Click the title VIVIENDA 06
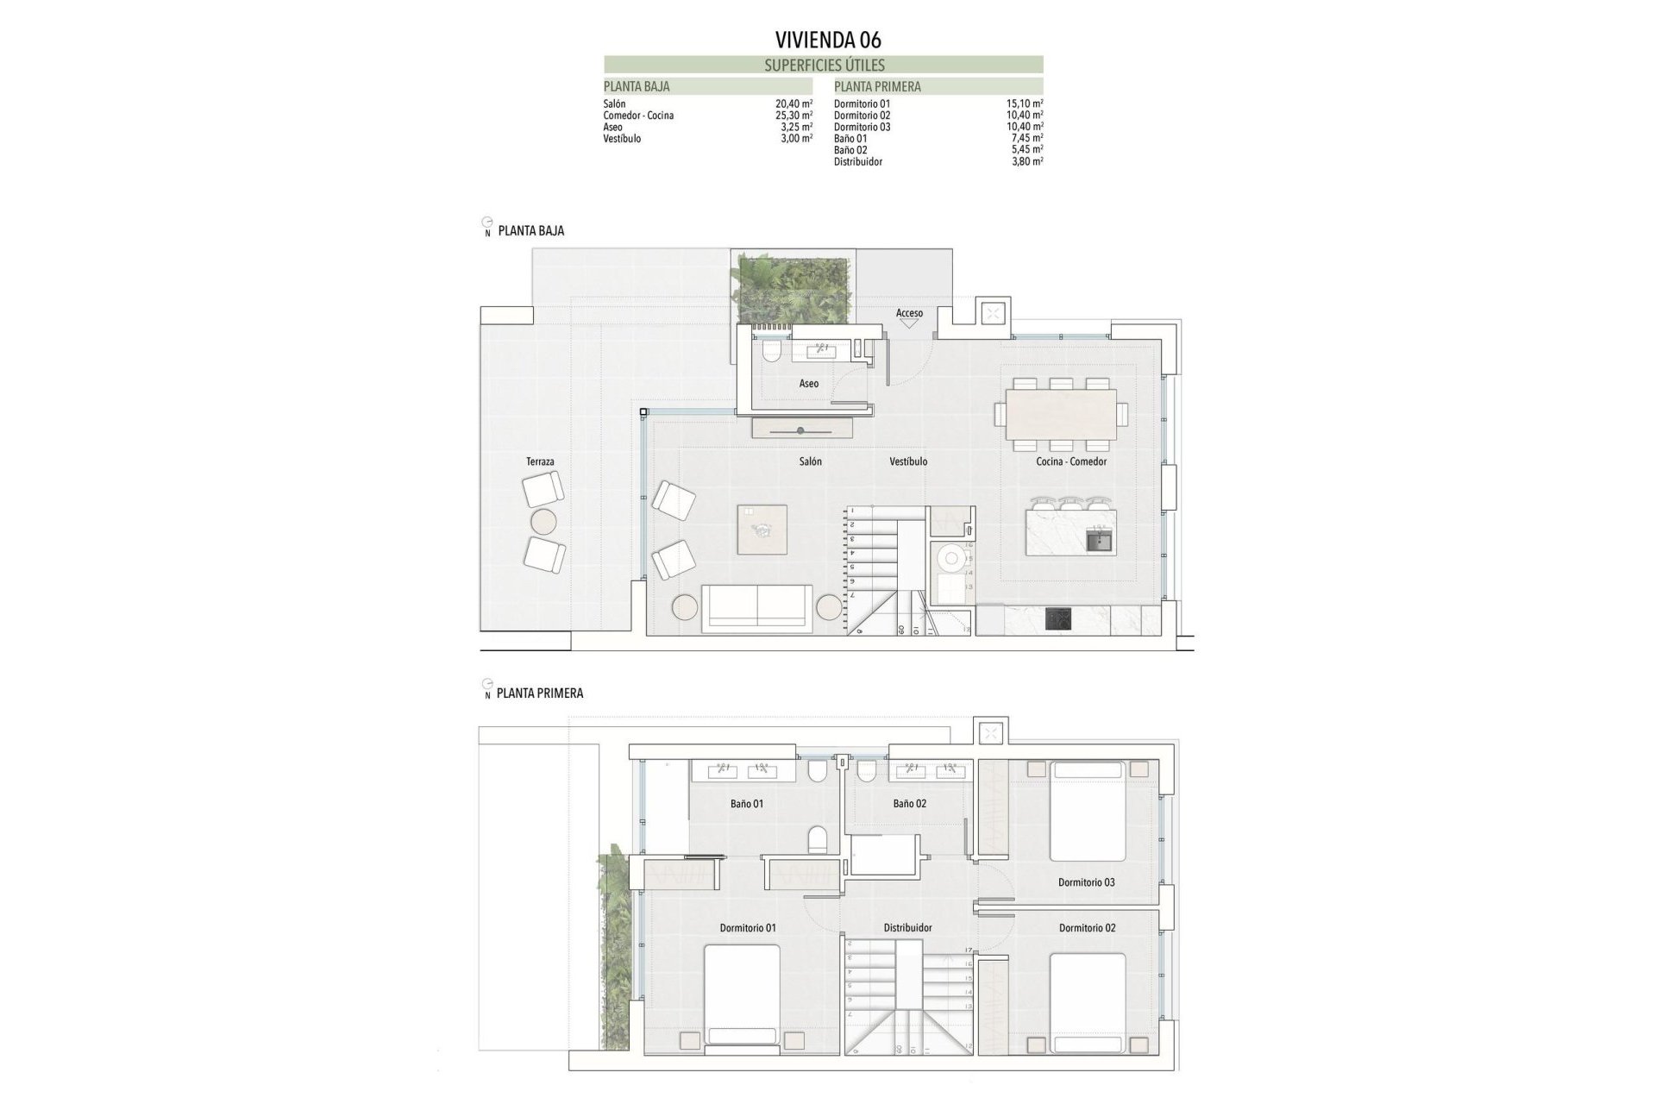828,40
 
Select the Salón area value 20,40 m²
793,103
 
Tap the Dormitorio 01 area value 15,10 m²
1025,103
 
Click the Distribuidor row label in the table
857,161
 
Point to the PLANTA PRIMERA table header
877,86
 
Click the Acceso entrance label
909,313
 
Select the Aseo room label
808,384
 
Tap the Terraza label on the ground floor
540,462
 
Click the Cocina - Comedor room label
1071,462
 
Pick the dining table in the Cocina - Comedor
1060,414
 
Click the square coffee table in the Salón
762,530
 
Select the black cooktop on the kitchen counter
1058,618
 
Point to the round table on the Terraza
544,521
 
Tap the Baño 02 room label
909,804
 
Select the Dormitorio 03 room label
1086,882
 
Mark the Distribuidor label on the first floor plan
907,928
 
